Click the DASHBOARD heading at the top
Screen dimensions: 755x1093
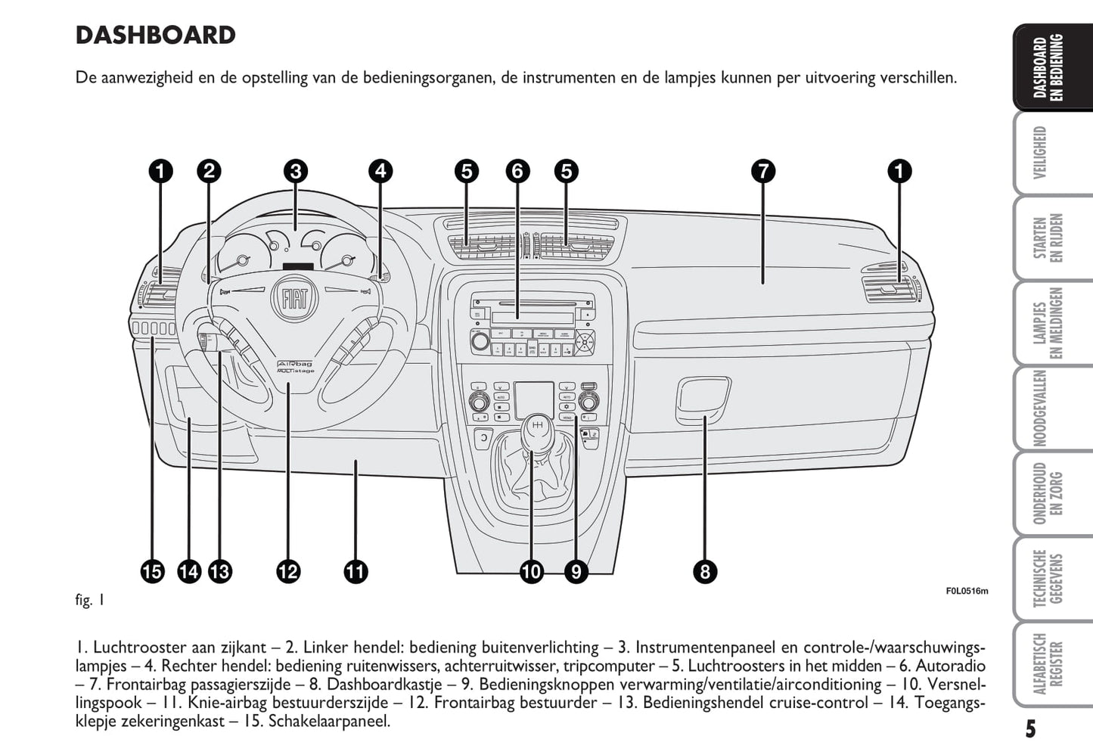click(156, 36)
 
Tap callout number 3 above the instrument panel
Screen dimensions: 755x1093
click(296, 172)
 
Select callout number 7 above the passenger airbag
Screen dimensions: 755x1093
click(763, 172)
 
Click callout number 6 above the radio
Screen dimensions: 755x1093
click(517, 172)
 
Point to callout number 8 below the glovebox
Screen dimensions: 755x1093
click(704, 571)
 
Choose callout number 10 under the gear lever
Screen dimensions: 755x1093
click(531, 571)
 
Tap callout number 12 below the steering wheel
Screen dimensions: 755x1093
click(288, 571)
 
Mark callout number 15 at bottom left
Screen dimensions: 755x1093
click(152, 571)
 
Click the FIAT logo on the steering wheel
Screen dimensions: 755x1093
click(294, 299)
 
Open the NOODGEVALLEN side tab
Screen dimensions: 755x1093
click(1039, 409)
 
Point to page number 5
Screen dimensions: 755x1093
click(1030, 729)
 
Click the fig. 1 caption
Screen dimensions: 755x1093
click(90, 601)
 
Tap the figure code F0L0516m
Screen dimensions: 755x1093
click(966, 592)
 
